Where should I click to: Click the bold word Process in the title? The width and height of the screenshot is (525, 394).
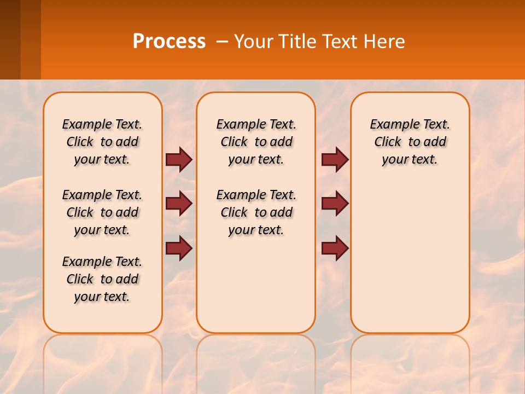point(169,42)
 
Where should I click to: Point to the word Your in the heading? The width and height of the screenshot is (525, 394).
point(254,42)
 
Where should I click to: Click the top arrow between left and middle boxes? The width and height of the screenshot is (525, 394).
point(179,159)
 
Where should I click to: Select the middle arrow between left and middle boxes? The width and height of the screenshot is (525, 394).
point(179,204)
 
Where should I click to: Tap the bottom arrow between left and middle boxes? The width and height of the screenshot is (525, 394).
point(179,248)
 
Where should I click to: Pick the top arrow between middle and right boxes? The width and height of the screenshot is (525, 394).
point(335,159)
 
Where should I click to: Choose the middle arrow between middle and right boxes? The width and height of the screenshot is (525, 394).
point(335,204)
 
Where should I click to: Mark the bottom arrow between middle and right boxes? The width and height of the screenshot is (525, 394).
point(335,248)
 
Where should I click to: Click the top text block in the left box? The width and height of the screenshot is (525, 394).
point(102,142)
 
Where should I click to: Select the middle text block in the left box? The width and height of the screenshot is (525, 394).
point(102,212)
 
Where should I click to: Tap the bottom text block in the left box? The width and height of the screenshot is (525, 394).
point(102,279)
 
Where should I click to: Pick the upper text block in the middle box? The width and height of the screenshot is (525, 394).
point(256,142)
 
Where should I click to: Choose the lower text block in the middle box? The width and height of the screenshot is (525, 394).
point(256,212)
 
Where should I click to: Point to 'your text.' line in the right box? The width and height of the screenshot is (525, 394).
point(410,160)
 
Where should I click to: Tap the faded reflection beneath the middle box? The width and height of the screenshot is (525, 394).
point(256,361)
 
